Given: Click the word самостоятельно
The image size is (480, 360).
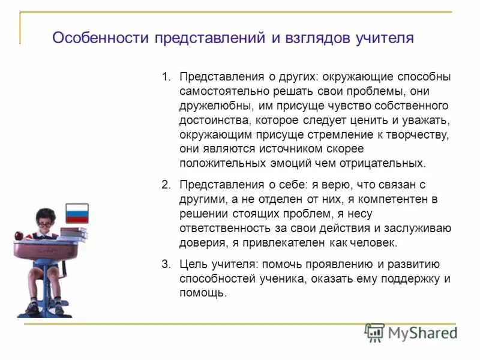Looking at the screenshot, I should pos(220,92).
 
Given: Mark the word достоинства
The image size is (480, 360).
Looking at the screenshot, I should pos(210,121).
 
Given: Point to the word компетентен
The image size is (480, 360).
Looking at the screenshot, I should pos(400,199).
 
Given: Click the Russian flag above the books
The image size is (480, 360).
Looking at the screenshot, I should pos(76,213).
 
